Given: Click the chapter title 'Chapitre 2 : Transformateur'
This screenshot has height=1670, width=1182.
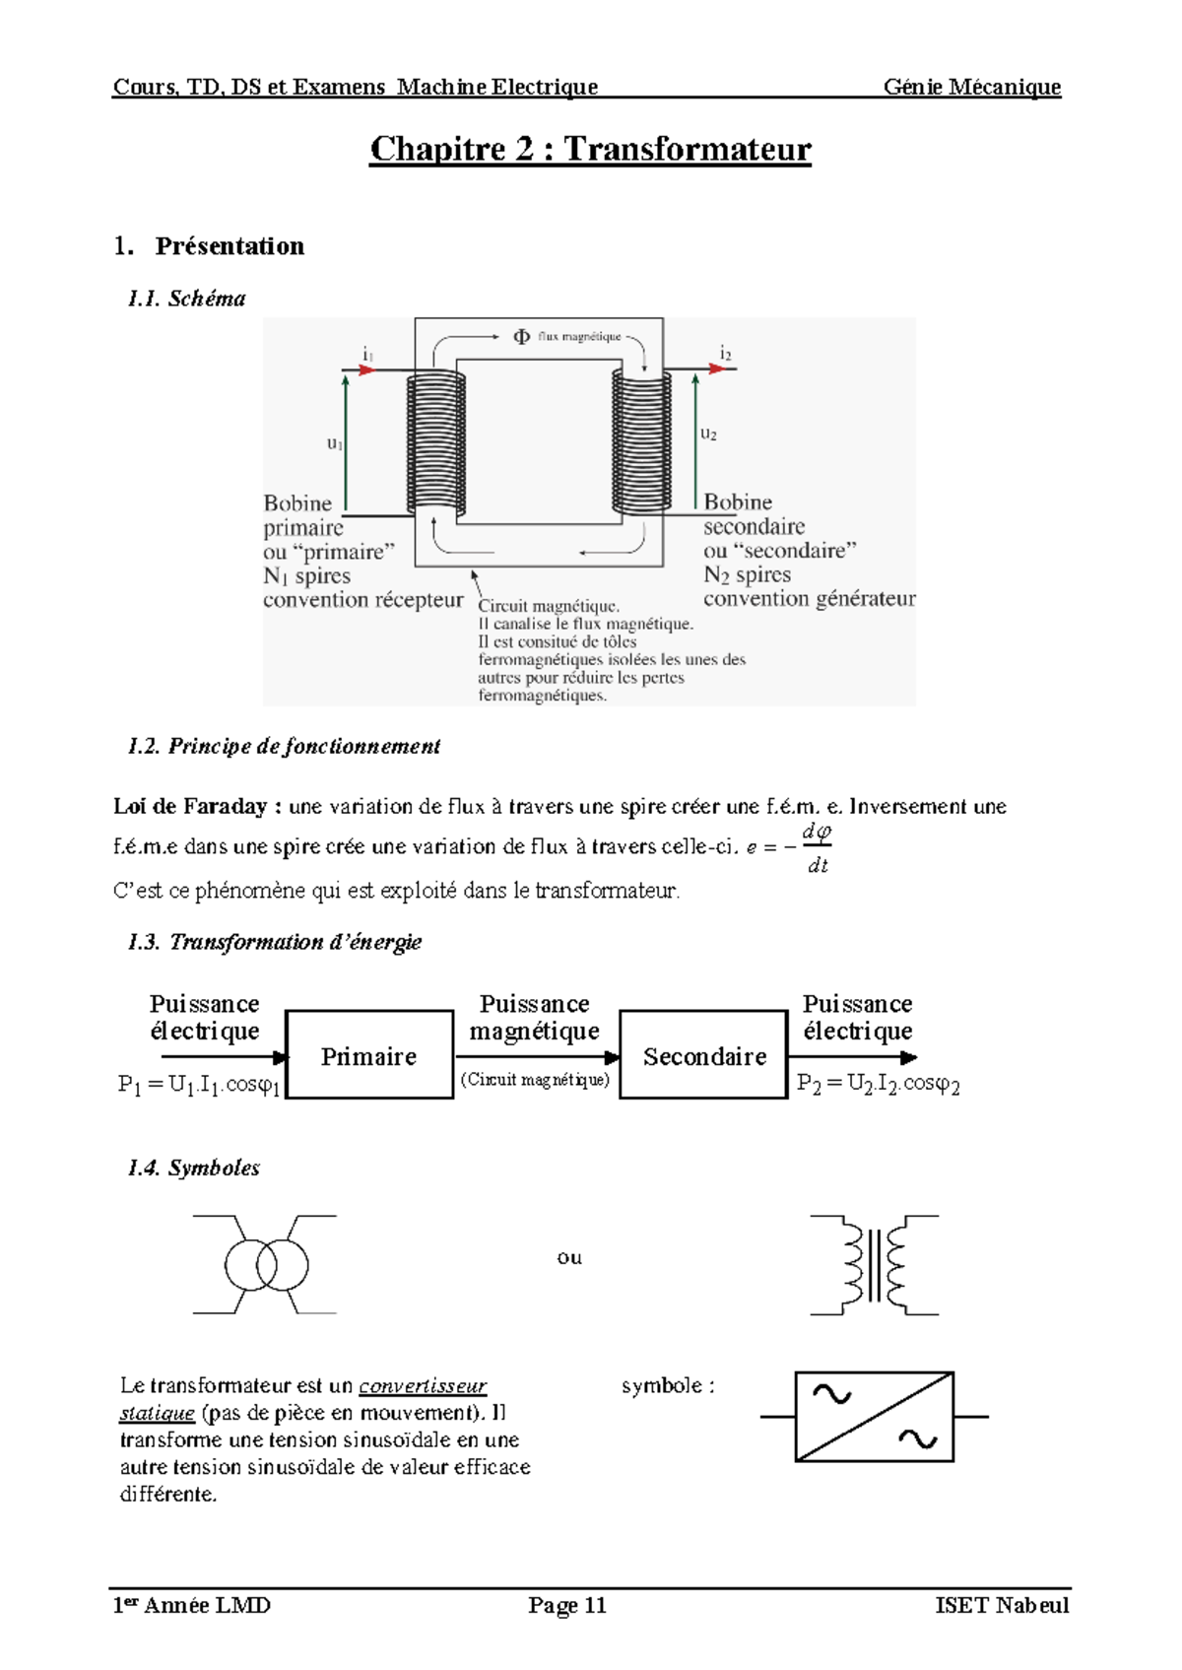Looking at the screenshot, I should tap(590, 150).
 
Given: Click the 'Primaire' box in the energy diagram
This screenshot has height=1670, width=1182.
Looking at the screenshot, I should tap(369, 1055).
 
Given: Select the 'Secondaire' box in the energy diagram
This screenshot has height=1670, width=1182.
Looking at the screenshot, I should tap(704, 1055).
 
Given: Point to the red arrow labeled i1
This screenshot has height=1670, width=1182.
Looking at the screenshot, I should tap(365, 369).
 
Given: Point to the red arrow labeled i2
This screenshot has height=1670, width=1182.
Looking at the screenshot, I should tap(720, 368).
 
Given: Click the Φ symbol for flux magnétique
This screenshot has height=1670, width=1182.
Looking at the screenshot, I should tap(522, 337).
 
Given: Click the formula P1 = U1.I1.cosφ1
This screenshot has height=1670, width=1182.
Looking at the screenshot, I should tap(199, 1085).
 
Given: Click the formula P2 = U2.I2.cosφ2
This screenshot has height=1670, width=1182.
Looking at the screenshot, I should tap(878, 1084).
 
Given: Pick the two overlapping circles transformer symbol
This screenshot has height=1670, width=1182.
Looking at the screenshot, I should tap(266, 1264).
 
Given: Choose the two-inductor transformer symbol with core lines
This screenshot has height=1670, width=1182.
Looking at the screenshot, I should tap(875, 1265).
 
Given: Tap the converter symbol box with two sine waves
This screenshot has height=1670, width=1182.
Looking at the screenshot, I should tap(874, 1416).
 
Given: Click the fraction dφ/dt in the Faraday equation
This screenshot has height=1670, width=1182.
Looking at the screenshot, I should tap(817, 848).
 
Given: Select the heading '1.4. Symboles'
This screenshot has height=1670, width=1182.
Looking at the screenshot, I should tap(194, 1169).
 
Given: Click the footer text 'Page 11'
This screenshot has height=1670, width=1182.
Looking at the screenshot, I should tap(567, 1605).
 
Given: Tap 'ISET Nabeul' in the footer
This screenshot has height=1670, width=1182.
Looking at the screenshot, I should tap(1001, 1605).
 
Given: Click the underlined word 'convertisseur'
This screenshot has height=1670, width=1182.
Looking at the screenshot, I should tap(423, 1386).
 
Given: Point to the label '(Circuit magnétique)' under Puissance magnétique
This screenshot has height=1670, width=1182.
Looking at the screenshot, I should tap(535, 1080).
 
